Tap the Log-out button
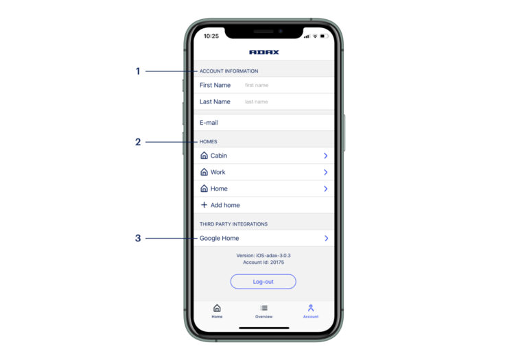click(263, 281)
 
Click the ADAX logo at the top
click(263, 52)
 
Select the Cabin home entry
click(219, 156)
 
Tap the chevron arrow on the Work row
click(325, 172)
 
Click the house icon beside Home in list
click(204, 189)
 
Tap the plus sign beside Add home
click(204, 204)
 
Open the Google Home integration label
click(219, 238)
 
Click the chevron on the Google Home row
click(326, 238)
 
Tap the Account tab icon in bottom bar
click(311, 308)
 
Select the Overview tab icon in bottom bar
click(263, 308)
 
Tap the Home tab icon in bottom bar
click(217, 308)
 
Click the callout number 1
click(138, 71)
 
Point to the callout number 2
click(138, 142)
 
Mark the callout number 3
click(138, 238)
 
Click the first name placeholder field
click(257, 85)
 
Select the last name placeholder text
click(256, 101)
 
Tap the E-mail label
click(209, 123)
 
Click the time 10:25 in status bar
click(211, 36)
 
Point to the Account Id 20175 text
click(263, 262)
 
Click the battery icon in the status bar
click(324, 36)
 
